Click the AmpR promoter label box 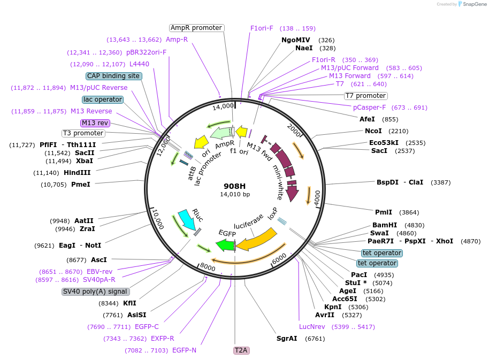(196, 28)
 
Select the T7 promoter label (365, 96)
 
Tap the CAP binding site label (113, 76)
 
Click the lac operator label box (103, 99)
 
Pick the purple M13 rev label (95, 123)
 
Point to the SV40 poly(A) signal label (96, 292)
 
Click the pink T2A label (241, 350)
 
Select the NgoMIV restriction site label (296, 40)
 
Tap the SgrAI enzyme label (287, 339)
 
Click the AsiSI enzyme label (136, 315)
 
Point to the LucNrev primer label (312, 327)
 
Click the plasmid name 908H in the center (235, 186)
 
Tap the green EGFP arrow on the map (225, 245)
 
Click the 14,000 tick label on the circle (223, 106)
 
